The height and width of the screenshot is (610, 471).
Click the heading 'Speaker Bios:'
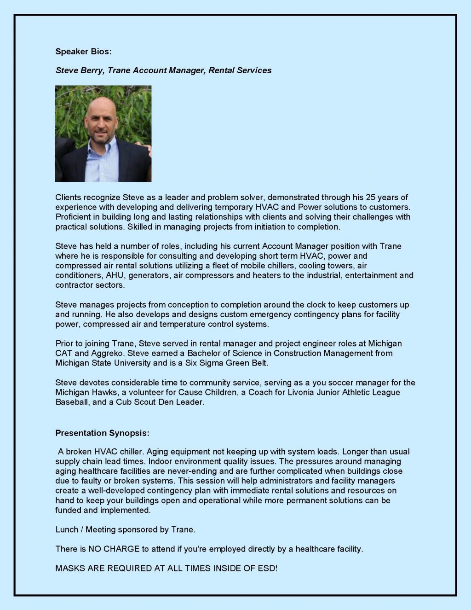click(83, 52)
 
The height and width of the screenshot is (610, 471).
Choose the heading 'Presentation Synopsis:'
click(102, 433)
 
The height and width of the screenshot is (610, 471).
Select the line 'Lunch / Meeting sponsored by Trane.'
click(125, 529)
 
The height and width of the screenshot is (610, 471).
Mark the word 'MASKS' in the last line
click(69, 568)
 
